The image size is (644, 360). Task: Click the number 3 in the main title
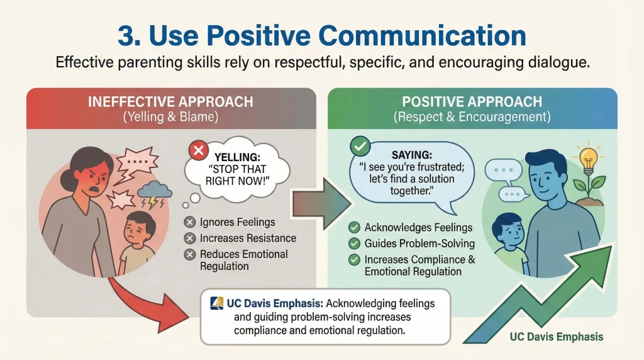(128, 36)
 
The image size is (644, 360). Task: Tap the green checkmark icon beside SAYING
(359, 147)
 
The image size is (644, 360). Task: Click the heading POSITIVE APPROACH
(472, 102)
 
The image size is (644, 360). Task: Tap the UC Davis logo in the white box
(216, 303)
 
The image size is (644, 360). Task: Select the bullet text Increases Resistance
(248, 239)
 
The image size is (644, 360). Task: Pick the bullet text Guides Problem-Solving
(419, 243)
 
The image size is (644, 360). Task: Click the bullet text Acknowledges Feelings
(418, 227)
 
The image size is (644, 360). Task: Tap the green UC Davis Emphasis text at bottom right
(557, 337)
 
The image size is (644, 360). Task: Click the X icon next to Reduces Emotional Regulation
(189, 255)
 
